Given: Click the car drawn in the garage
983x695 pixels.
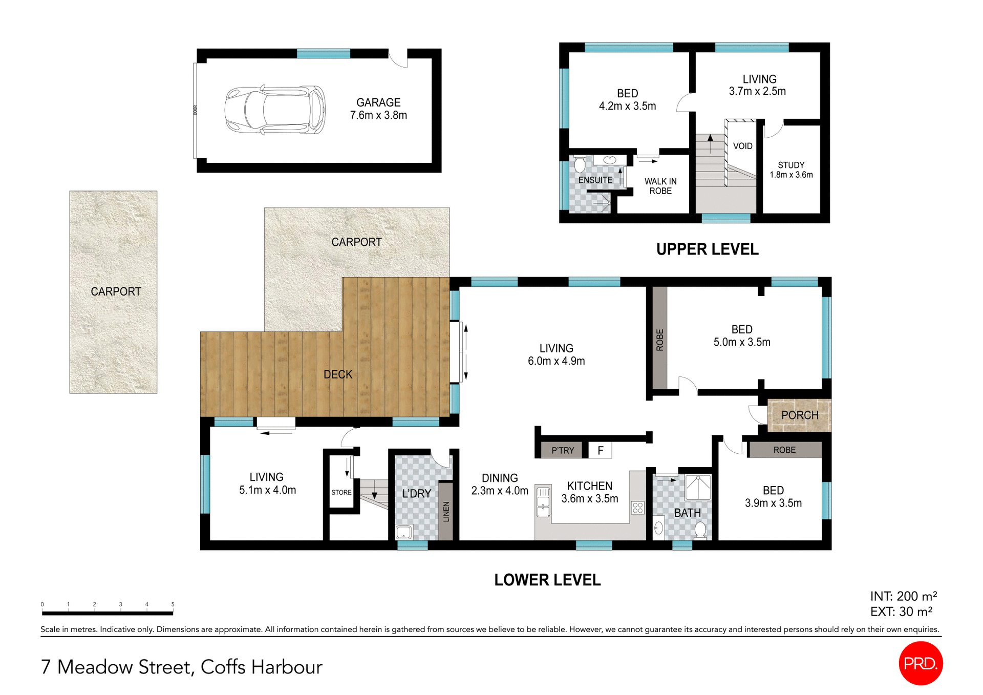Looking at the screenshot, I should (x=275, y=110).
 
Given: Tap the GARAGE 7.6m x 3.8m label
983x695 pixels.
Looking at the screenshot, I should (x=378, y=109).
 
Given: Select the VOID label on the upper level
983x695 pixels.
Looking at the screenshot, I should (x=742, y=146).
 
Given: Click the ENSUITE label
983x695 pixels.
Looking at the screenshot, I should (x=595, y=180).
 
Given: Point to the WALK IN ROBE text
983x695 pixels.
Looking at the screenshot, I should (x=660, y=186).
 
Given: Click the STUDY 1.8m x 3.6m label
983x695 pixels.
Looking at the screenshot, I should (x=791, y=170).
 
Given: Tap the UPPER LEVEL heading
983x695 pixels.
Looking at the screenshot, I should (x=707, y=249).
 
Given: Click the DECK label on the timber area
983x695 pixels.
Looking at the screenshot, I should (x=338, y=374).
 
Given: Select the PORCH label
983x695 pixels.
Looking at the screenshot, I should (x=800, y=415).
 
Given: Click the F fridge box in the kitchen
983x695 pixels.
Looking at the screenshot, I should (x=600, y=450).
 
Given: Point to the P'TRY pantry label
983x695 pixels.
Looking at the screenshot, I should (x=562, y=451).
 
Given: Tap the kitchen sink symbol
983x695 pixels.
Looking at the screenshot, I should (x=543, y=500).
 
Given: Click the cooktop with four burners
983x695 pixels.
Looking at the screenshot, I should (x=637, y=508).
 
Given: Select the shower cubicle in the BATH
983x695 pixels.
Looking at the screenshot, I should (x=698, y=488).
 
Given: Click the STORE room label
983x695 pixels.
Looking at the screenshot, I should (x=341, y=492).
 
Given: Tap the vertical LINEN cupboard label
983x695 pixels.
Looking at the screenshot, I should (x=446, y=511).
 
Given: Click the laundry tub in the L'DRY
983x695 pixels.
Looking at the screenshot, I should (x=404, y=532).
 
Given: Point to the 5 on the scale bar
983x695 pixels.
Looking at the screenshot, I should (x=173, y=604).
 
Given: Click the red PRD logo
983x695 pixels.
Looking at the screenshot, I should (x=920, y=663).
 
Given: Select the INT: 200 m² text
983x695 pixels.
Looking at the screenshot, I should (x=903, y=596).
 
